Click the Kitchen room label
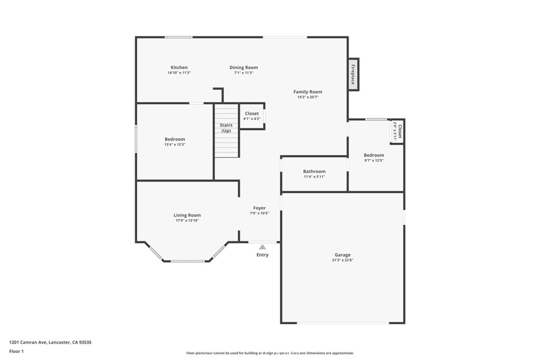[x=179, y=67]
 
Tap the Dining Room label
[x=244, y=67]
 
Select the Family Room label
[x=308, y=92]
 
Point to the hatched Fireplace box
[x=353, y=74]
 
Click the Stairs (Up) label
[x=226, y=128]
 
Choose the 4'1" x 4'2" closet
[x=252, y=116]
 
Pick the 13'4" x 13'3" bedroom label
[x=175, y=139]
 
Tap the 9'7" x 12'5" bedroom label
[x=374, y=155]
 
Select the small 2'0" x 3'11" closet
[x=397, y=131]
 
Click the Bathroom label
[x=314, y=171]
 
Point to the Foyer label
[x=259, y=208]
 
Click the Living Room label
[x=187, y=215]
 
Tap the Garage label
[x=343, y=255]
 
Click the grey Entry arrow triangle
[x=263, y=247]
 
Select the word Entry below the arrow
[x=263, y=255]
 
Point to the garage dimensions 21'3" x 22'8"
[x=343, y=260]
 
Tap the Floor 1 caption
[x=16, y=352]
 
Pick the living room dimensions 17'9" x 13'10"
[x=187, y=221]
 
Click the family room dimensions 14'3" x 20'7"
[x=308, y=97]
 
